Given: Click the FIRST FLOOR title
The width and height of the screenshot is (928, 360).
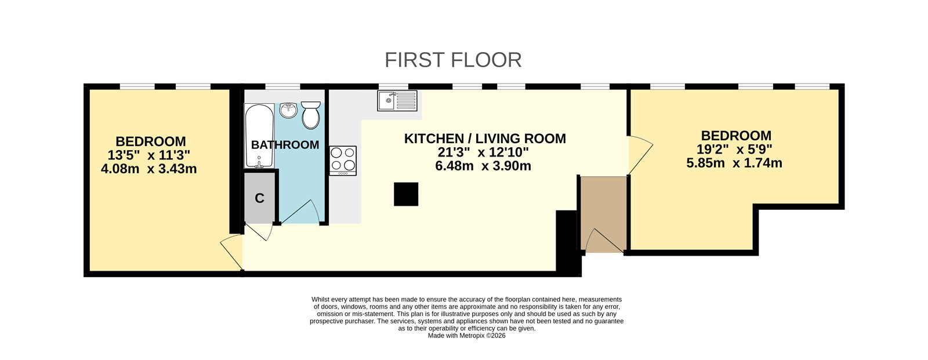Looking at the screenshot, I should coord(453,60).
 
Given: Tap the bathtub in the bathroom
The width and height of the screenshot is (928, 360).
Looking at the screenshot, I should coord(259,136).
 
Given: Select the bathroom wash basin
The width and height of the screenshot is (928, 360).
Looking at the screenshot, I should coord(288,110).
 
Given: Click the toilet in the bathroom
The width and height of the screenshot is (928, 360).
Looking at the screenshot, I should coord(311,115).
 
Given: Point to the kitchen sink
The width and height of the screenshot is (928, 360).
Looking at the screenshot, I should coord(397,100).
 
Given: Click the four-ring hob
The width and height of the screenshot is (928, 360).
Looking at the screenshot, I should coord(343,160).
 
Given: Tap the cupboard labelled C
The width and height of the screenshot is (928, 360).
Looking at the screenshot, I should coord(259,198).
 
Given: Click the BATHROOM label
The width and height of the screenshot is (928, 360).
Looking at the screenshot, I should coord(285,145).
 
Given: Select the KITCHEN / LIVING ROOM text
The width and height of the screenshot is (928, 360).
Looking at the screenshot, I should coord(484,139).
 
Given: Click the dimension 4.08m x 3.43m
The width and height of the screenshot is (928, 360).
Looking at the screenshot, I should coord(148,169).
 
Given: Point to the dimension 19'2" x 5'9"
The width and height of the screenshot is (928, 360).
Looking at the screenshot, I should coord(734,150).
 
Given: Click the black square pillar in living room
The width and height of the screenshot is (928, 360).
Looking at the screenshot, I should coord(406,194).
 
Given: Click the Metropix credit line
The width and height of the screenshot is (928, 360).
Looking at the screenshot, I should coord(466,335).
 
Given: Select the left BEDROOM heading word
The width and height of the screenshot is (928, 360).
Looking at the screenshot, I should coord(151,141).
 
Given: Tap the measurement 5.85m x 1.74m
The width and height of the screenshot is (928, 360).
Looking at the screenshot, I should coord(734,163).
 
